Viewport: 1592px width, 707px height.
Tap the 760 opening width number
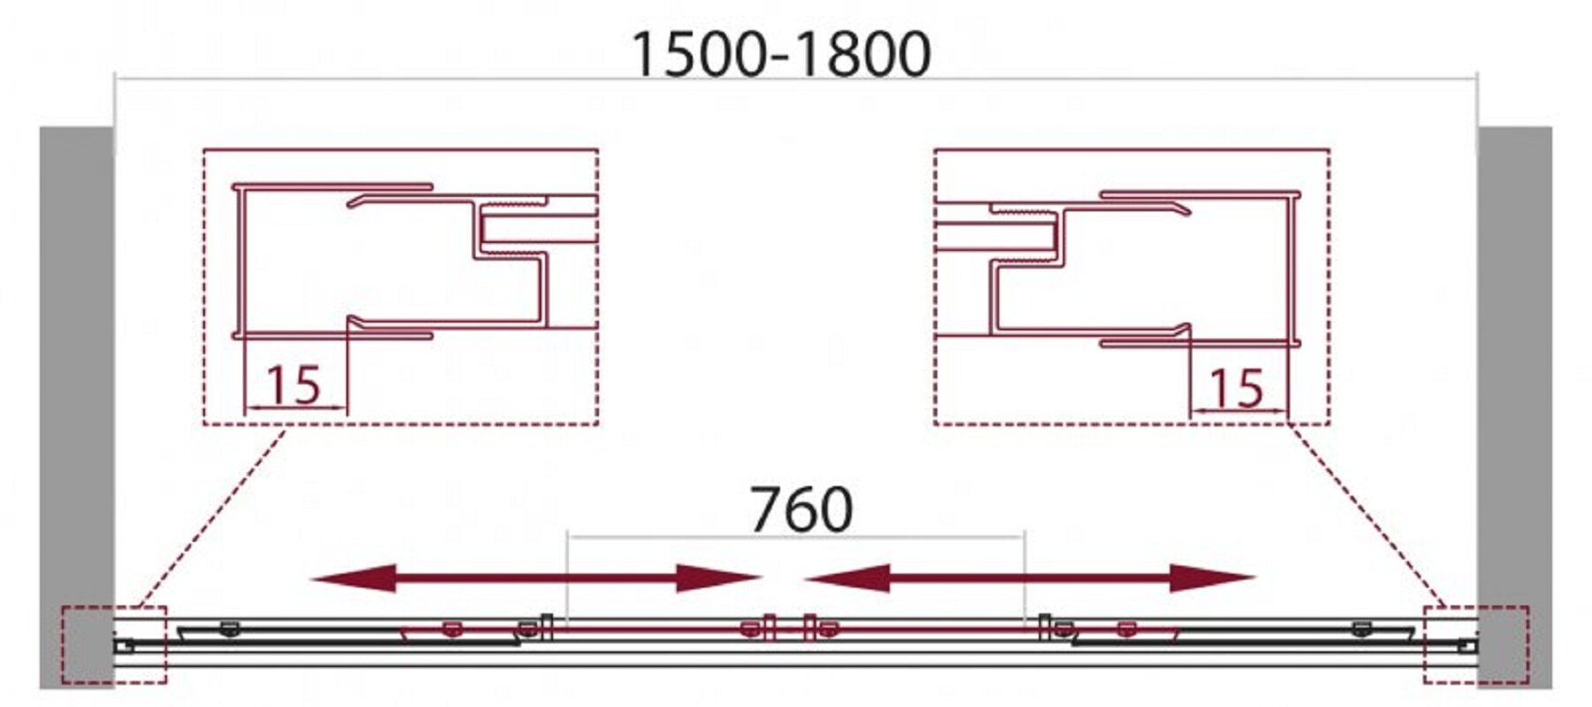(801, 510)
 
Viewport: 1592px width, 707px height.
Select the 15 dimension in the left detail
(293, 385)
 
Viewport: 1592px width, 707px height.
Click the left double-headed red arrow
(536, 579)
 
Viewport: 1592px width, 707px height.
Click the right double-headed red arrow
(1029, 579)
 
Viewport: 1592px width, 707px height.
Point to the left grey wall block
(77, 407)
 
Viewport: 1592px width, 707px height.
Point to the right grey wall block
(1514, 407)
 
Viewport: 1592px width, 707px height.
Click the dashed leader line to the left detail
(212, 516)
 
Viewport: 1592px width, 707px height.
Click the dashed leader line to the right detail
(1366, 516)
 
